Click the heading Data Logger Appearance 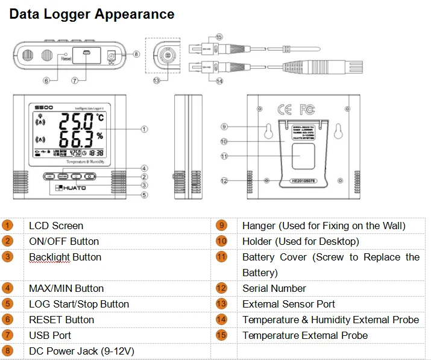click(x=92, y=14)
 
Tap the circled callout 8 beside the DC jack click(x=136, y=54)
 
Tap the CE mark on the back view click(x=284, y=110)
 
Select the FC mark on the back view click(x=307, y=110)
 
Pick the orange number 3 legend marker click(x=7, y=257)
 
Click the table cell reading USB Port click(x=50, y=335)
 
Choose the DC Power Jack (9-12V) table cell click(x=81, y=351)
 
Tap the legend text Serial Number click(x=274, y=288)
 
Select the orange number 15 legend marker click(x=222, y=335)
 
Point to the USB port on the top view click(x=86, y=54)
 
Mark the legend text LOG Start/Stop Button click(x=79, y=304)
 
